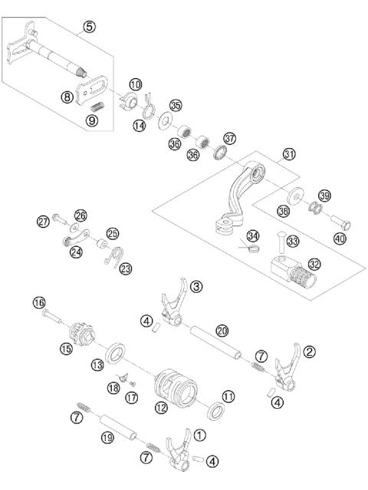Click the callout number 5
(x=90, y=27)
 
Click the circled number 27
(x=43, y=222)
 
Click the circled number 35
(x=176, y=105)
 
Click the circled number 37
(x=229, y=138)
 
